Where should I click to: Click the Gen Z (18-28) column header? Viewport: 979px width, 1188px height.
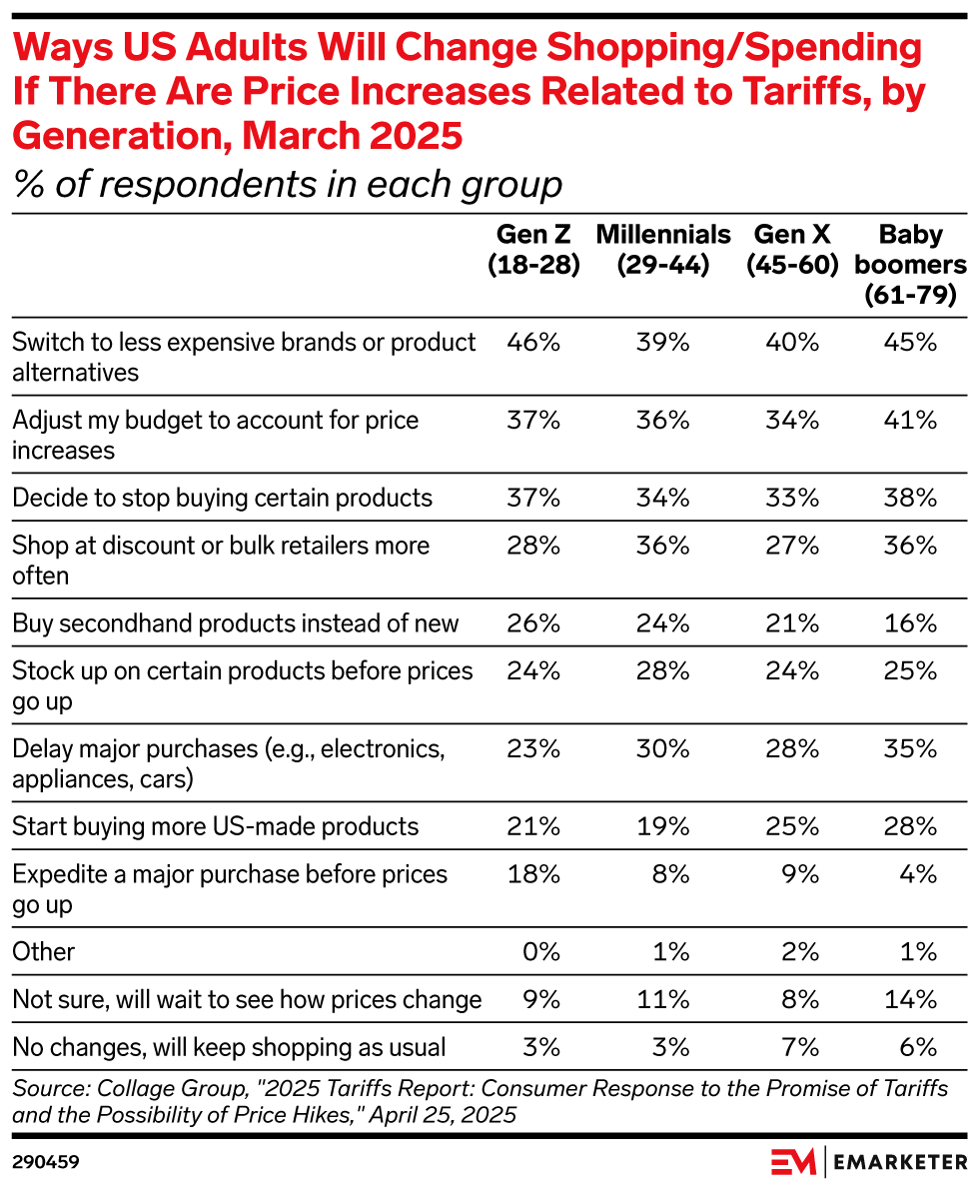533,250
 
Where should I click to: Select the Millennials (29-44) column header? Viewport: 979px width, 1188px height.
663,250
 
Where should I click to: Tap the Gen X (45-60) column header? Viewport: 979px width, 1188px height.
794,250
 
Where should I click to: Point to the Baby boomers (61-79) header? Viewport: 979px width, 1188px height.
910,265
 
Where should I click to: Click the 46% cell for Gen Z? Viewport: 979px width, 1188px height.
533,343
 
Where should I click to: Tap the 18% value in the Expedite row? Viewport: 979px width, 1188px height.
533,874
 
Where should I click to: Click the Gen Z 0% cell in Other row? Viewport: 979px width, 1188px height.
540,951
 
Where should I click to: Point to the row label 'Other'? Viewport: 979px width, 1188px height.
44,951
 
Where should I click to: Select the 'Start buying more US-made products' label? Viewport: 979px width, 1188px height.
215,826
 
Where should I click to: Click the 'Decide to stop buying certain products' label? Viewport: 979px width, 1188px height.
222,498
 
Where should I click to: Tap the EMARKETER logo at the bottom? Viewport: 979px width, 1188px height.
868,1162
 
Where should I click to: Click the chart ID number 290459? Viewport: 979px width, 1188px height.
46,1162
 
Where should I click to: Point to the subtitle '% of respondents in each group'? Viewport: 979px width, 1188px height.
288,185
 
